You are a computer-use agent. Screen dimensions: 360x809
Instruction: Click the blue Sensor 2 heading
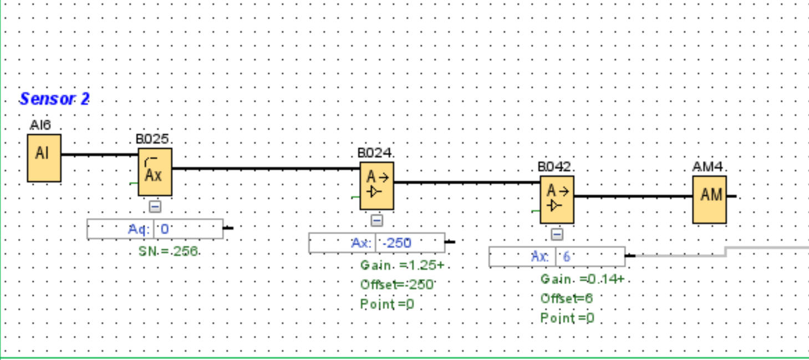pyautogui.click(x=54, y=99)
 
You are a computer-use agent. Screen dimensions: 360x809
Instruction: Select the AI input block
pyautogui.click(x=44, y=158)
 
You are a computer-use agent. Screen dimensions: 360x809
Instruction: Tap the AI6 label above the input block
pyautogui.click(x=40, y=126)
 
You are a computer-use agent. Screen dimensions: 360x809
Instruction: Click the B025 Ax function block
pyautogui.click(x=155, y=172)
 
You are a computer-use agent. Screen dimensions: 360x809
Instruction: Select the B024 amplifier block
pyautogui.click(x=376, y=186)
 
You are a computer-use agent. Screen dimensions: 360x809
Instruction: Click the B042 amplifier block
pyautogui.click(x=557, y=200)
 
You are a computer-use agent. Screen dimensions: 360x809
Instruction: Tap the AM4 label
pyautogui.click(x=709, y=167)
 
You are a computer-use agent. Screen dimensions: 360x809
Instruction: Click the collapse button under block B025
pyautogui.click(x=155, y=206)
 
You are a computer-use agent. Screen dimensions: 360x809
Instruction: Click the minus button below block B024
pyautogui.click(x=376, y=220)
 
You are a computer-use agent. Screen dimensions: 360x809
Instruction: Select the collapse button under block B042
pyautogui.click(x=557, y=234)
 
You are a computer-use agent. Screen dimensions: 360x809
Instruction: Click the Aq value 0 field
pyautogui.click(x=189, y=229)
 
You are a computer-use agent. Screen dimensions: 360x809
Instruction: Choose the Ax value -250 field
pyautogui.click(x=410, y=242)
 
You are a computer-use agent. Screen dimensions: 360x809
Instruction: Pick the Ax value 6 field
pyautogui.click(x=591, y=256)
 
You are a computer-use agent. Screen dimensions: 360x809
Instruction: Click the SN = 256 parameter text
pyautogui.click(x=169, y=251)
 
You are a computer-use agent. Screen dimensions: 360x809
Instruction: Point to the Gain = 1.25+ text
pyautogui.click(x=402, y=265)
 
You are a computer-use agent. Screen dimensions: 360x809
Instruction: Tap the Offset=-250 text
pyautogui.click(x=396, y=285)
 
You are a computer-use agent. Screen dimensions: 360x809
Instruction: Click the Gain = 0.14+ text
pyautogui.click(x=582, y=279)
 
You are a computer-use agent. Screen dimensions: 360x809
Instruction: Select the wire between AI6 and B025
pyautogui.click(x=100, y=154)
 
